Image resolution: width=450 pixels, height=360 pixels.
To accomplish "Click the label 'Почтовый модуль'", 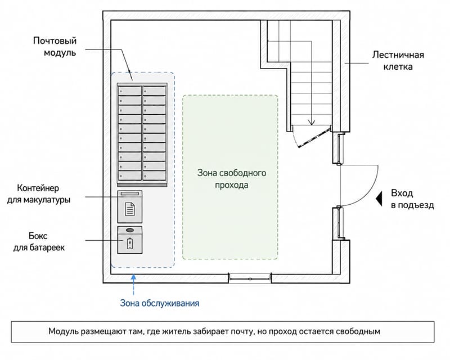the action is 55,47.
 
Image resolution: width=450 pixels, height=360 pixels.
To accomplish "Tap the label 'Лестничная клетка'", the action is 398,61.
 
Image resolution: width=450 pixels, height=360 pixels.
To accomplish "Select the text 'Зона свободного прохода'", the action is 232,178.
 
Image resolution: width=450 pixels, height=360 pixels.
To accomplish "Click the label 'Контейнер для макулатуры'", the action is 38,193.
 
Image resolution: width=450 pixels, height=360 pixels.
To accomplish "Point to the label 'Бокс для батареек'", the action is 39,241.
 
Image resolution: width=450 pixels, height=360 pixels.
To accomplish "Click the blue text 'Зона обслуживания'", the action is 160,303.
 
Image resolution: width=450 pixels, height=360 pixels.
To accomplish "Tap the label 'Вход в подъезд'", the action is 412,199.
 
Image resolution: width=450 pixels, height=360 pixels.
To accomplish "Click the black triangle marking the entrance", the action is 379,199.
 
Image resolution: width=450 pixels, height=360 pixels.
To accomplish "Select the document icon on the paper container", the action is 130,209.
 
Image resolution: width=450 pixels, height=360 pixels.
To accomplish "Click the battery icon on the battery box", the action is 130,244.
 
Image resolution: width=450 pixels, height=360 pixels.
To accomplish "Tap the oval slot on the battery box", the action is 130,230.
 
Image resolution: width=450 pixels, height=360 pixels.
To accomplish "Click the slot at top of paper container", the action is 130,193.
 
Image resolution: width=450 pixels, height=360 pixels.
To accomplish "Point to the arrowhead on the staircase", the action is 312,122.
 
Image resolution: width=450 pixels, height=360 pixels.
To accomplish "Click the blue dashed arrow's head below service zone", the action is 133,277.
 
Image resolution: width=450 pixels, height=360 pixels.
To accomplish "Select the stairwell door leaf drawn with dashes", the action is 314,138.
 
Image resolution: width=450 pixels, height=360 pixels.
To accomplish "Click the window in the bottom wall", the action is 250,278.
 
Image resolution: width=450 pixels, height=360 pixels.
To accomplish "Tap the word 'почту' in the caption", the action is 243,331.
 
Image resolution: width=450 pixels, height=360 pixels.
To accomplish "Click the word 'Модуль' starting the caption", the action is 63,331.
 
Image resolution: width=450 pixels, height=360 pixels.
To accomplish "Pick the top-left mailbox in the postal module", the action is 130,91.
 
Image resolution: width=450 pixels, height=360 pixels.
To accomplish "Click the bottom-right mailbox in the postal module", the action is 154,175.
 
